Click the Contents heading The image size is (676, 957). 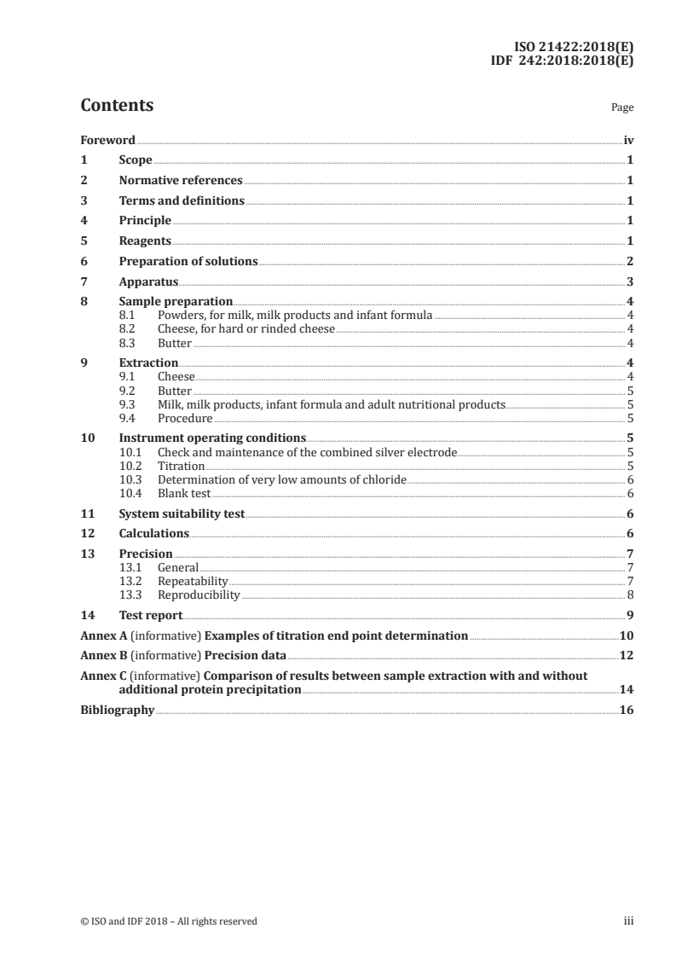tap(117, 106)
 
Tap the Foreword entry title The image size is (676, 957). tap(107, 139)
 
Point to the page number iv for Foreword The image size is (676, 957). tap(628, 139)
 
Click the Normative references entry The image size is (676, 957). tap(181, 180)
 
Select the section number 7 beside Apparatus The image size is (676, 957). tap(84, 281)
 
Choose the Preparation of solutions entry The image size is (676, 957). tap(188, 261)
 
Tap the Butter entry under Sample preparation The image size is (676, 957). tap(175, 343)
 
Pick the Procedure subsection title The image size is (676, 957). tap(185, 418)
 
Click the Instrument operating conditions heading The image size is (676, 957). tap(212, 438)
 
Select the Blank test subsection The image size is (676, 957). tap(184, 493)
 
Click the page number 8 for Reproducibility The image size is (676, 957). tap(629, 594)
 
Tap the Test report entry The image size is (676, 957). tap(150, 615)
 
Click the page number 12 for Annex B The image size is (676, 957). tap(627, 655)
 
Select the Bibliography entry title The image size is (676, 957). tap(117, 710)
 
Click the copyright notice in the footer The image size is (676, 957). tap(168, 920)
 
